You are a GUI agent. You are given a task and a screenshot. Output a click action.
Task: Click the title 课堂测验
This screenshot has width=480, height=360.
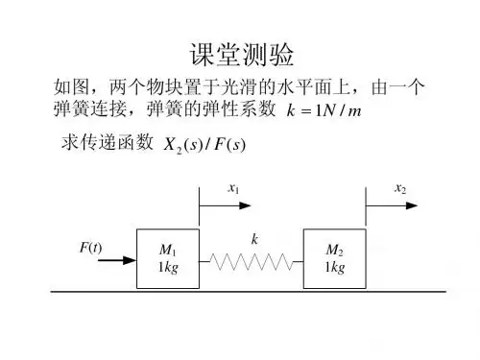coord(242,55)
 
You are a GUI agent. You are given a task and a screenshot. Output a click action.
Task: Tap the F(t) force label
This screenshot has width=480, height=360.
coord(90,248)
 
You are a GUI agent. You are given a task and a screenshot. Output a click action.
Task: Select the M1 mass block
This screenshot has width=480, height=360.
coord(168,258)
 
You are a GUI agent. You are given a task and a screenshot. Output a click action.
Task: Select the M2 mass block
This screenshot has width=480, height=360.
coord(335,258)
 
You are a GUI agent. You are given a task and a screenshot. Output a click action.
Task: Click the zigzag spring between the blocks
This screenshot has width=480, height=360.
coord(252,261)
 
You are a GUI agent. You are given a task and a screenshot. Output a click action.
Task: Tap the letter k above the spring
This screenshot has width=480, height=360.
coord(254,239)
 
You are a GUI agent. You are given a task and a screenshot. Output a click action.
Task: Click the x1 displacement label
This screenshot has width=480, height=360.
coord(233,188)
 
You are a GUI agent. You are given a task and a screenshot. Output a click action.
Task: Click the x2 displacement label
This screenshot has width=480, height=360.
coord(400,188)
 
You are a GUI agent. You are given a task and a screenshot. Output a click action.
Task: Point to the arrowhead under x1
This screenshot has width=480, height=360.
coord(245,205)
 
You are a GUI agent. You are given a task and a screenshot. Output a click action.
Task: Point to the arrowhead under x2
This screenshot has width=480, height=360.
coord(412,205)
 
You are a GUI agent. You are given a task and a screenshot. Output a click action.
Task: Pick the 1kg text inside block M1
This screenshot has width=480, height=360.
coord(168,267)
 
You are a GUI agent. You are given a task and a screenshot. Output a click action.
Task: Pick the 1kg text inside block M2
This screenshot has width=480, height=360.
coord(335,267)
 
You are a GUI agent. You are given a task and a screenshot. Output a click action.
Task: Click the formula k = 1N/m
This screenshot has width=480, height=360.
coord(324,110)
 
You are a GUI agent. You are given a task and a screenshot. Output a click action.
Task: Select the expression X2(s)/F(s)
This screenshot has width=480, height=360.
coord(204,145)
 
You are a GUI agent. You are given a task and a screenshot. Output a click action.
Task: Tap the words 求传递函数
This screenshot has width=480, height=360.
coord(108,142)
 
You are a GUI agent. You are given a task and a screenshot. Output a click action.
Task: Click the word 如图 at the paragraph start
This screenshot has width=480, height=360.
coord(71,86)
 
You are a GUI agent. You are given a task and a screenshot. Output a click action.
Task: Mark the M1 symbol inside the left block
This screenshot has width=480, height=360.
coord(168,250)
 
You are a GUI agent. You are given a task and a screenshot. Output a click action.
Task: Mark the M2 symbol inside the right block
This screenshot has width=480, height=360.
coord(335,250)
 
